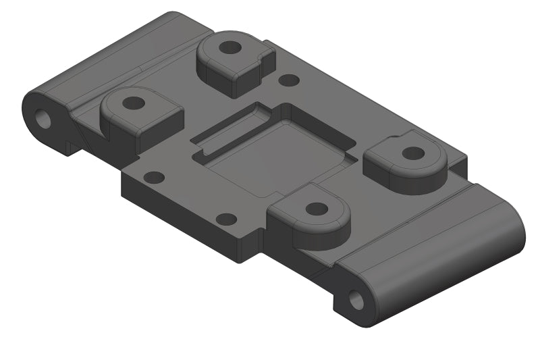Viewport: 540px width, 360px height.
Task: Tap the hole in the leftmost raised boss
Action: [134, 103]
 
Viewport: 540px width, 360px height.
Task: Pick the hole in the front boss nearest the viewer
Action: [315, 208]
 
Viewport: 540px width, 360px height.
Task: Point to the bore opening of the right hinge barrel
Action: [355, 300]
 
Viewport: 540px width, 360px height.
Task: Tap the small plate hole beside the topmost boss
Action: [289, 80]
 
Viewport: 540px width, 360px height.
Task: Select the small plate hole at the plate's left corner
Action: [155, 178]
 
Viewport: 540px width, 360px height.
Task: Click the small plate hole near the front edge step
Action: [226, 220]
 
